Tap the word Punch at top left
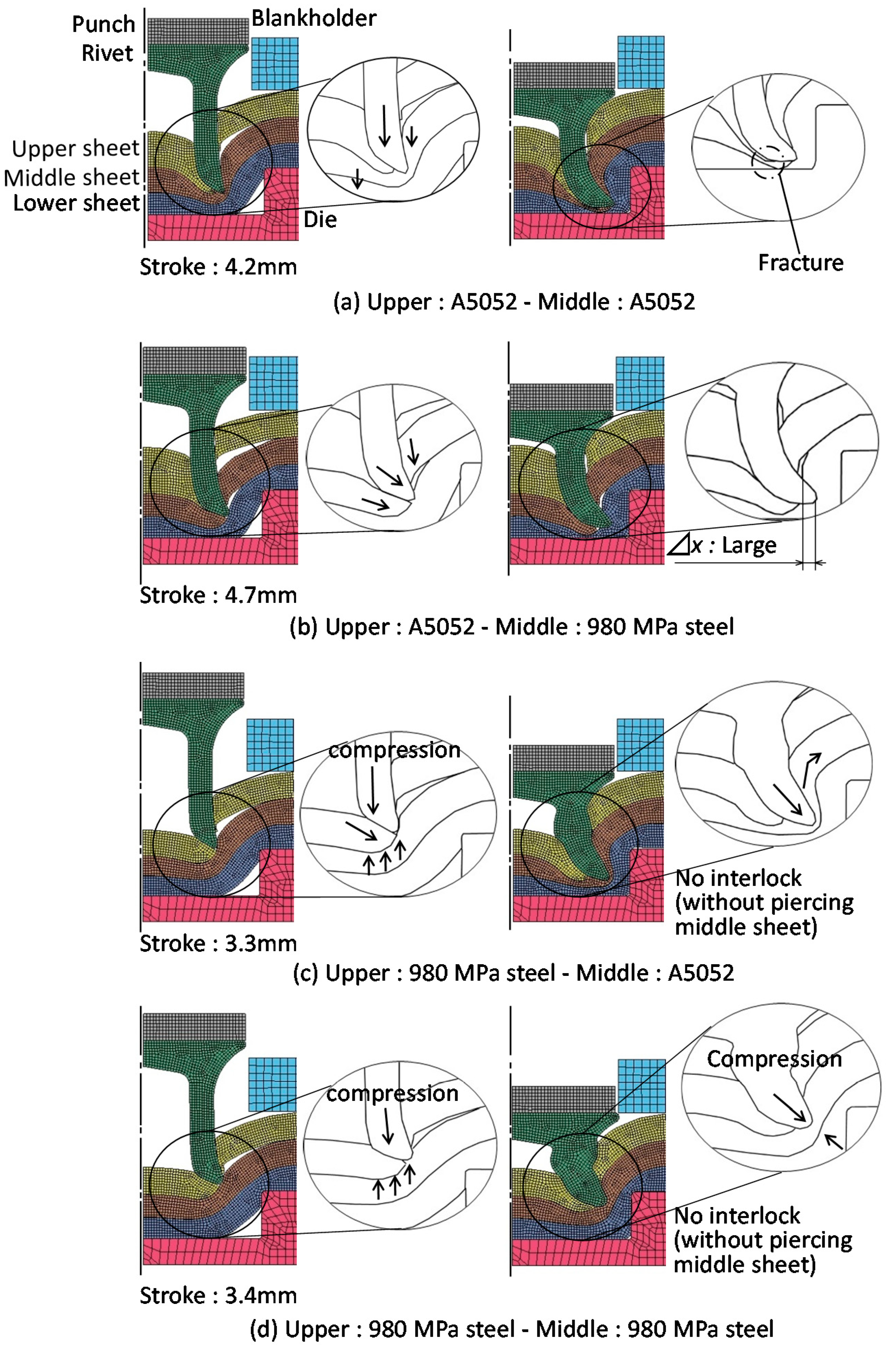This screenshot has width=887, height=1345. [103, 24]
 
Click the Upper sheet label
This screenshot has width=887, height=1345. [75, 149]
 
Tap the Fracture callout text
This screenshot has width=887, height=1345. [800, 263]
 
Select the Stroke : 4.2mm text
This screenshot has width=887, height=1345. [218, 267]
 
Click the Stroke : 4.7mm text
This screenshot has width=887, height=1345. [218, 595]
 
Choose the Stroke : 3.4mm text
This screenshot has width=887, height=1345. [218, 1295]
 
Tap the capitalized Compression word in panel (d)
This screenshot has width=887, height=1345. [774, 1059]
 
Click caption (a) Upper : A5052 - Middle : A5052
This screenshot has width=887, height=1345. [514, 302]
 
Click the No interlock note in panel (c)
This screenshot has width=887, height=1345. [764, 902]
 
